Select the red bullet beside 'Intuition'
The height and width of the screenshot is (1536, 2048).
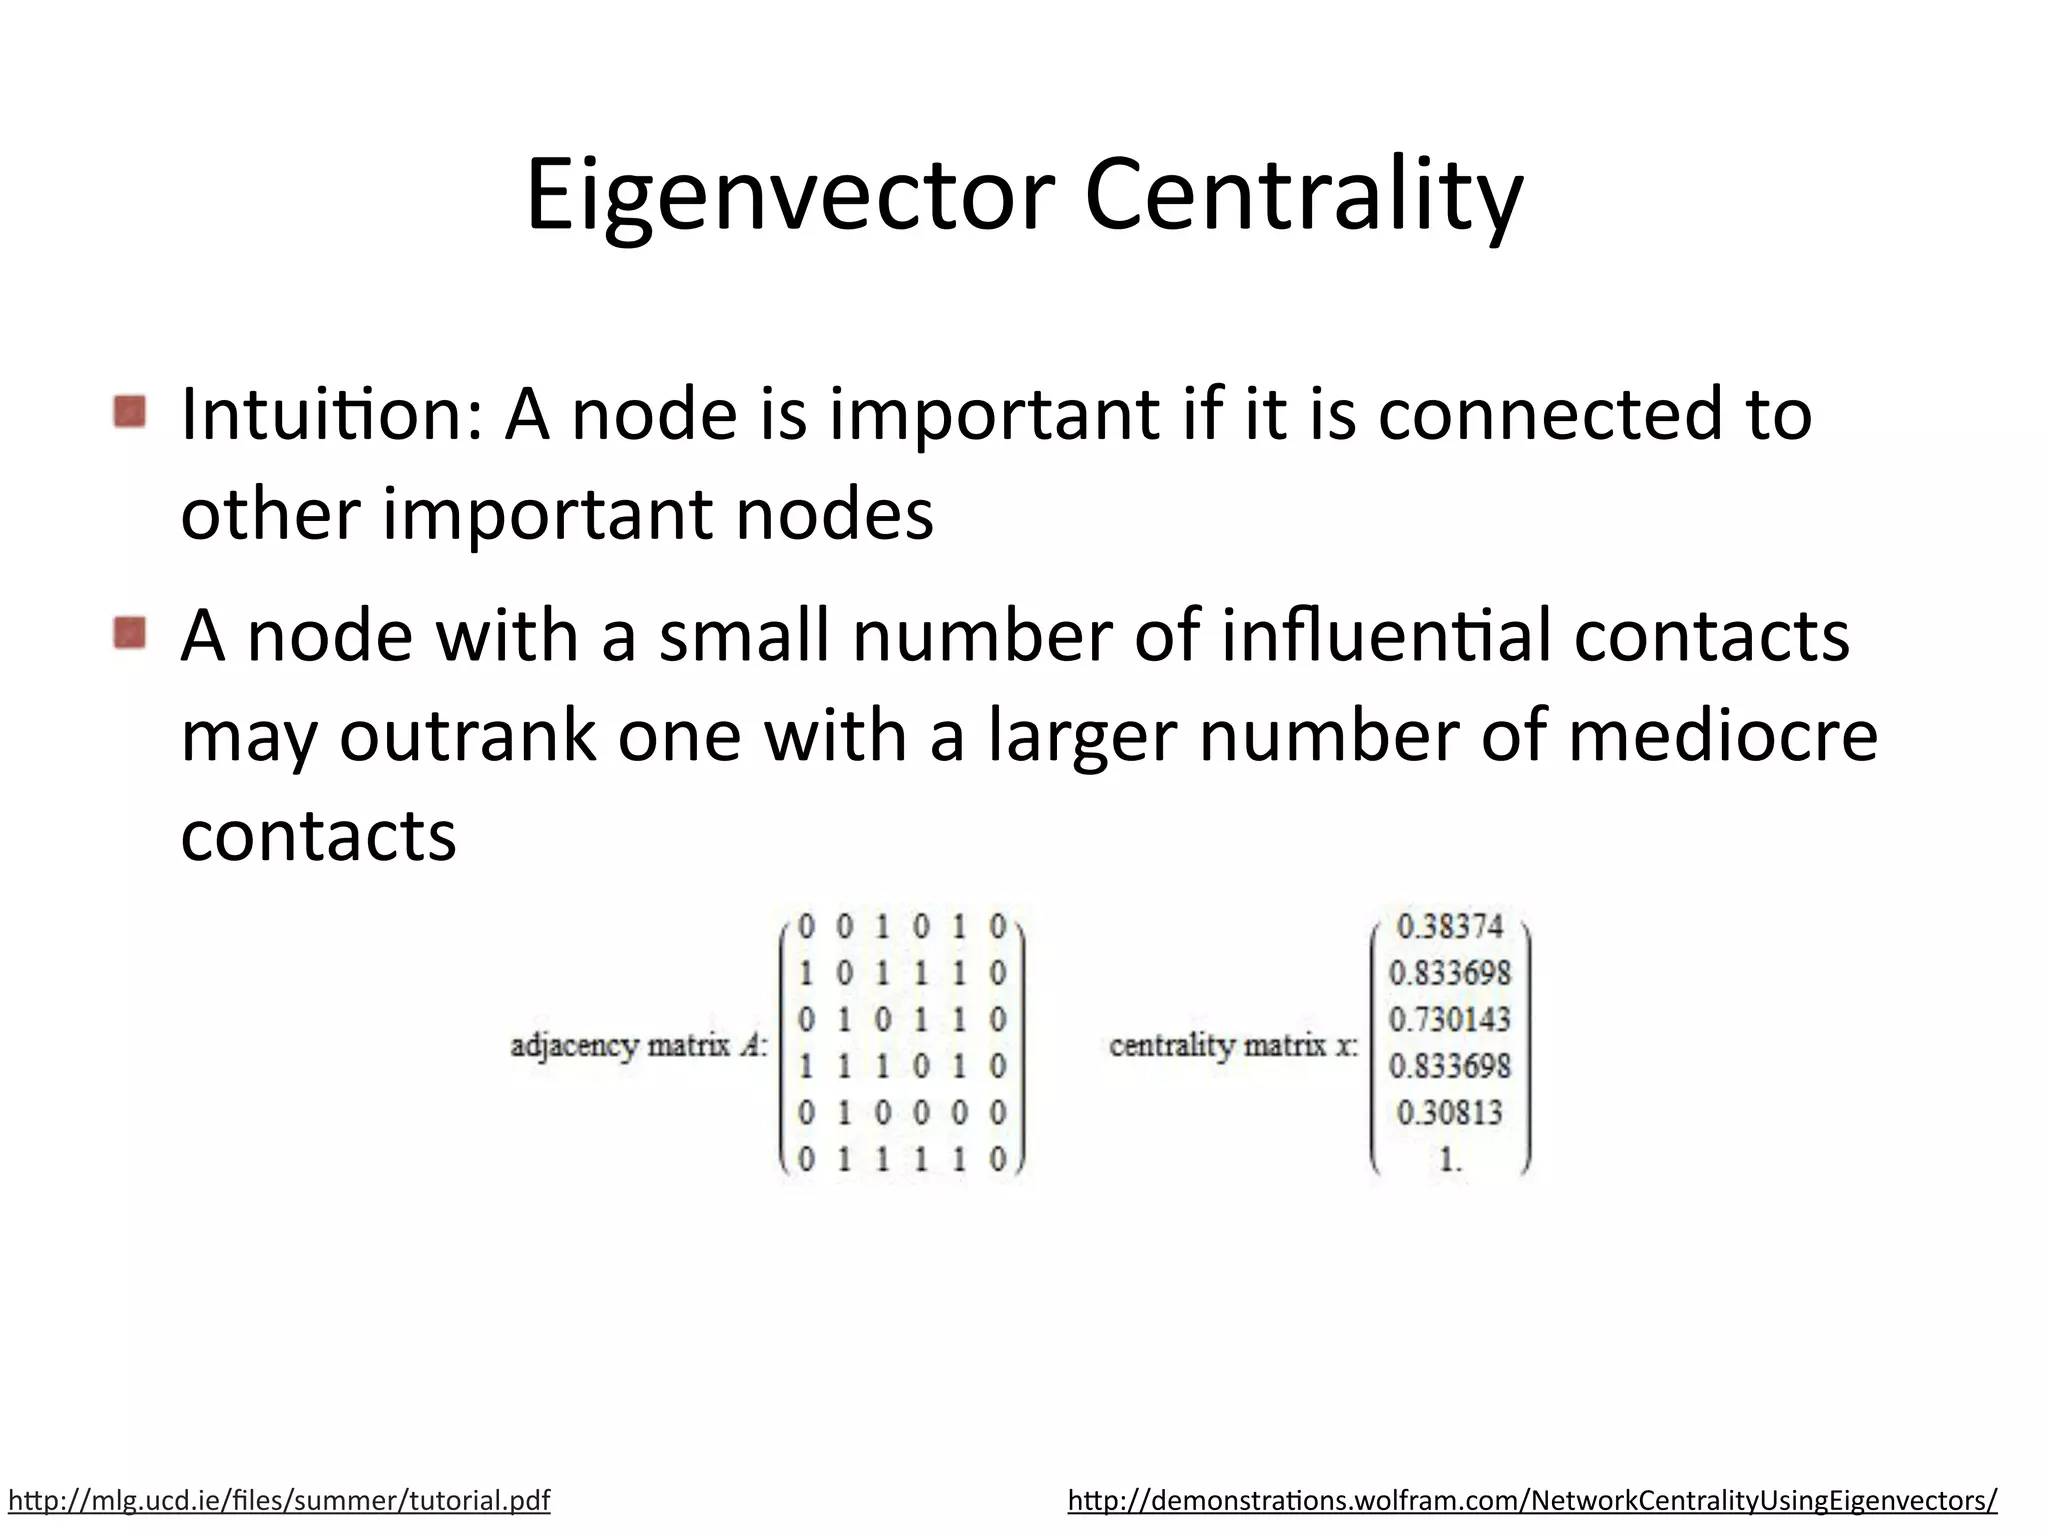130,411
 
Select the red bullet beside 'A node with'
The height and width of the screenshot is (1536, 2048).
130,633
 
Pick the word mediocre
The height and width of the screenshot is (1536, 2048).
1723,736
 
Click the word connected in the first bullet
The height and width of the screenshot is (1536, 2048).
1551,414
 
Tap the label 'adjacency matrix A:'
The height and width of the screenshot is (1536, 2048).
639,1046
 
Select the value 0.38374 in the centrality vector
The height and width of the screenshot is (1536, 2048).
1449,927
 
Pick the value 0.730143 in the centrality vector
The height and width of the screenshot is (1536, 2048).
1449,1020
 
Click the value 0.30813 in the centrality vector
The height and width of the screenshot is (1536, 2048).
1449,1112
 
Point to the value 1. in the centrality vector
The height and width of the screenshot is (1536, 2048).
1449,1159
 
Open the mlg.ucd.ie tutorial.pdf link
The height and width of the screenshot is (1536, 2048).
279,1500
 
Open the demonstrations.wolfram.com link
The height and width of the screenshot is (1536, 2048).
1532,1500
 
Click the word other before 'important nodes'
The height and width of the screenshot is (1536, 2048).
270,514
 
